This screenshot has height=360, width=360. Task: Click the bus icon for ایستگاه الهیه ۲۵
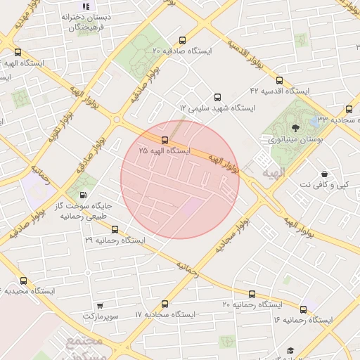165,140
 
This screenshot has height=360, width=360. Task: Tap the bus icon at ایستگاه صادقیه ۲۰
183,40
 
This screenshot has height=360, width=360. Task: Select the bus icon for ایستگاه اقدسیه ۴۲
280,80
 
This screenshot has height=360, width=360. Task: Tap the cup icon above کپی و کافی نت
323,173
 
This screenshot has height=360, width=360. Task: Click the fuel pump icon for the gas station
84,195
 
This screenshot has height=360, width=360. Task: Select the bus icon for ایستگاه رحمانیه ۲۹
115,229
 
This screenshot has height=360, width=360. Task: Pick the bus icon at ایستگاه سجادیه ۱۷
165,304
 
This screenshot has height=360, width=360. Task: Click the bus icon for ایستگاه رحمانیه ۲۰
251,293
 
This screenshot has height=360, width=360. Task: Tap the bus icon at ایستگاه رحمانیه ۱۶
304,309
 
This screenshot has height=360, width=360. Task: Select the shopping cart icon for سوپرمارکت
99,305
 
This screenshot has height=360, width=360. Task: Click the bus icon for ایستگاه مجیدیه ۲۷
23,280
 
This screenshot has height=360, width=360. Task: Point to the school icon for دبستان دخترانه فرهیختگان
86,6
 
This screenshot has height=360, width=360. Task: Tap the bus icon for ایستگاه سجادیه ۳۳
349,109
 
